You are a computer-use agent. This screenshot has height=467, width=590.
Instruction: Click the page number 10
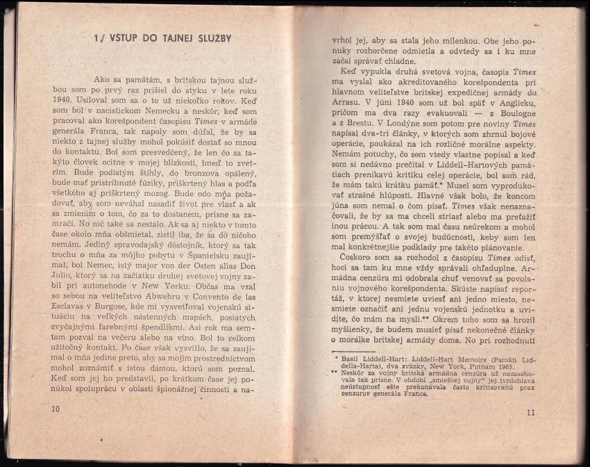[x=56, y=409]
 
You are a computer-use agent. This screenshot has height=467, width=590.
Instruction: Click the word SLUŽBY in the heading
[x=206, y=38]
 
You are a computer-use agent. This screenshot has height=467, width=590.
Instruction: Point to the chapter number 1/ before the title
[x=99, y=38]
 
